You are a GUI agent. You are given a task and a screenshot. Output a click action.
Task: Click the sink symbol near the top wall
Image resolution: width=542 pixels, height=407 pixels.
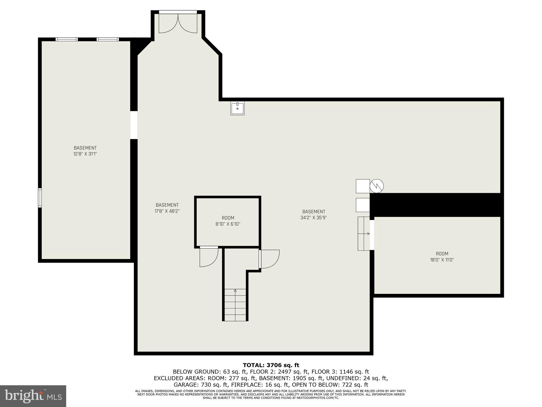click(x=237, y=108)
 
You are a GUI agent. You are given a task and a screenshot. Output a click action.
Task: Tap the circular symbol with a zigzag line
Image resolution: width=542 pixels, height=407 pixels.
click(x=377, y=186)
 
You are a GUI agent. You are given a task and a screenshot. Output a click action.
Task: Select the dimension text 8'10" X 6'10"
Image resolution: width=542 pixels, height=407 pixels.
click(x=228, y=224)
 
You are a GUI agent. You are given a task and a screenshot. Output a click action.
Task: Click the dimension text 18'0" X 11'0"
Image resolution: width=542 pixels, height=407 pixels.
click(x=442, y=260)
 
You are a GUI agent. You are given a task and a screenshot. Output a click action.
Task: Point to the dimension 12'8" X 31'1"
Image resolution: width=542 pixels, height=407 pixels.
click(x=85, y=154)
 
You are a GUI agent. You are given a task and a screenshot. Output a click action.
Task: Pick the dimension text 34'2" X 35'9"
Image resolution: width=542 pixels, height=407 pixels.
click(x=314, y=218)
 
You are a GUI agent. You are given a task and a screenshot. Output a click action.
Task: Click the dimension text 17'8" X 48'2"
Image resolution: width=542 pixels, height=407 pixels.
click(x=167, y=211)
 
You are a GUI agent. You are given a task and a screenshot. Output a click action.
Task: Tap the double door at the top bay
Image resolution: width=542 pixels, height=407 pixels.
click(x=178, y=23)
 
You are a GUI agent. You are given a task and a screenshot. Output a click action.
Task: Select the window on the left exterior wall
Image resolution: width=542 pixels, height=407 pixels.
click(x=40, y=197)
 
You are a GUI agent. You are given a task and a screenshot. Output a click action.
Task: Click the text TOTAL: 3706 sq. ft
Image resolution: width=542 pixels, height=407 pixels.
click(x=271, y=365)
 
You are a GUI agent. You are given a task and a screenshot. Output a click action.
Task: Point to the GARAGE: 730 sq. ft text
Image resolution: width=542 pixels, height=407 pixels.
click(x=201, y=384)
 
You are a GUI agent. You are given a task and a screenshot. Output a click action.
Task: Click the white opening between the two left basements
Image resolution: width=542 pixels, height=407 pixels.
click(x=134, y=125)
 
